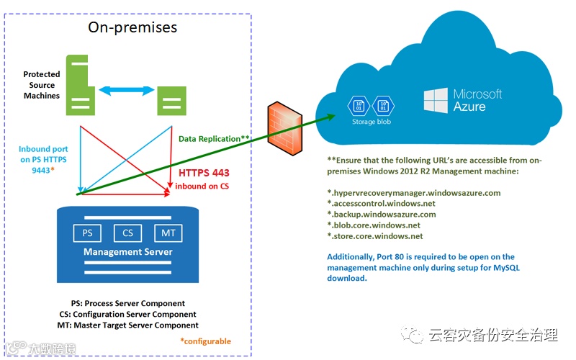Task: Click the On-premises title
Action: [132, 27]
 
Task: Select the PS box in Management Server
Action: [87, 233]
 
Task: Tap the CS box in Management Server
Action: [128, 233]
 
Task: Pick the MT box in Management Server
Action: [168, 233]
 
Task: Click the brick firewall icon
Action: [285, 129]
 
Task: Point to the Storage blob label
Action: [372, 122]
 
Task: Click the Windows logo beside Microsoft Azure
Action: [436, 100]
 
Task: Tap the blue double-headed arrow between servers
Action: [127, 91]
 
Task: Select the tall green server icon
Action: [80, 85]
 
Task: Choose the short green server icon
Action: [171, 101]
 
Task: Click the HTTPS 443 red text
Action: [204, 173]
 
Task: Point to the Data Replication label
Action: [214, 139]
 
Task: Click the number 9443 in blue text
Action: [41, 171]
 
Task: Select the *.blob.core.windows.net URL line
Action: [374, 225]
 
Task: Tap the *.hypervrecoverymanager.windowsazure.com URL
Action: [413, 193]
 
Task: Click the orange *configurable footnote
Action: [205, 341]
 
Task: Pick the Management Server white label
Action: [128, 252]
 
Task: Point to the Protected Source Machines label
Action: [42, 85]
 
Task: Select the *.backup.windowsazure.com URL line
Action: [382, 215]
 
